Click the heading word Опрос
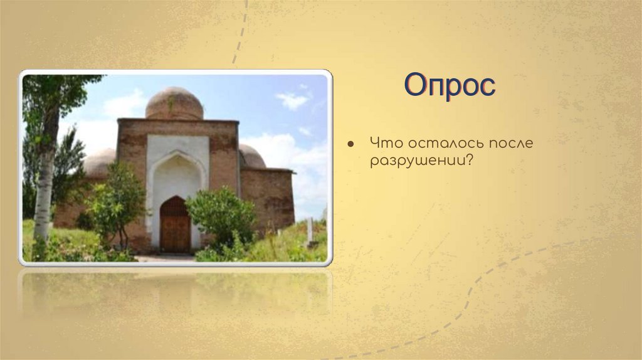[x=450, y=85]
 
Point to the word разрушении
[x=416, y=161]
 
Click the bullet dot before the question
[x=352, y=144]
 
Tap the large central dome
[x=174, y=103]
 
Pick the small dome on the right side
[x=251, y=156]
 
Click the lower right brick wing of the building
[x=268, y=198]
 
